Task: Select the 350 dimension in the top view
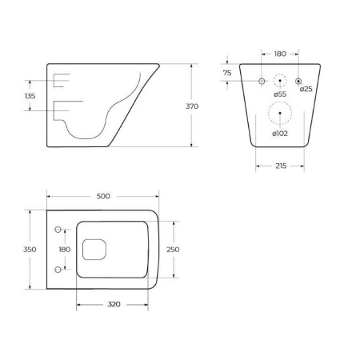pos(30,250)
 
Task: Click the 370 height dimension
pos(213,106)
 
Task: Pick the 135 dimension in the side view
pos(31,95)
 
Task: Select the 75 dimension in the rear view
pos(227,73)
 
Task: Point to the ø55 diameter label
pos(279,95)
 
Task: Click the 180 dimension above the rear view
pos(279,54)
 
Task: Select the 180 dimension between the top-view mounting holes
pos(65,250)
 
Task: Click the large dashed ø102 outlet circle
pos(279,116)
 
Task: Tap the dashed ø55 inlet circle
pos(279,81)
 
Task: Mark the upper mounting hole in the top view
pos(56,230)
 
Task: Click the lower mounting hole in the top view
pos(56,270)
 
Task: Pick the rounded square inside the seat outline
pos(94,250)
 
